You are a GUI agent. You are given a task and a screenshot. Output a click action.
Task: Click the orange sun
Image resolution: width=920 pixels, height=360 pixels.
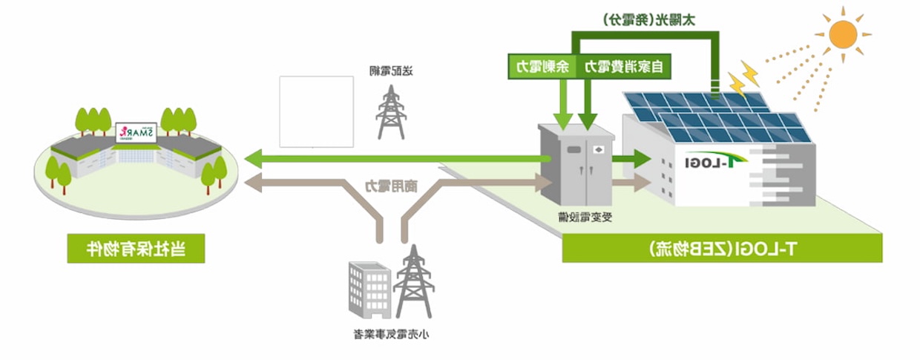(x=842, y=33)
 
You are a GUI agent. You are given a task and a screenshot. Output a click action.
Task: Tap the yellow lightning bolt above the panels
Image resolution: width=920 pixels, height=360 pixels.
(x=743, y=77)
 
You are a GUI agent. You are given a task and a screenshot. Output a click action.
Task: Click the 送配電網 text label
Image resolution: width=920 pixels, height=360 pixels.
(x=390, y=71)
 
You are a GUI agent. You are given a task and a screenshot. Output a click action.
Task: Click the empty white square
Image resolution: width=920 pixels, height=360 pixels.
(x=316, y=111)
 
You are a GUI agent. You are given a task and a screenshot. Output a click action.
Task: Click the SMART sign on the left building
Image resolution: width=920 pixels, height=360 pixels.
(x=136, y=131)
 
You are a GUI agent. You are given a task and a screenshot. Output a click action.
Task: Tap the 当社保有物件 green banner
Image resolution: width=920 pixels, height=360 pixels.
(x=136, y=249)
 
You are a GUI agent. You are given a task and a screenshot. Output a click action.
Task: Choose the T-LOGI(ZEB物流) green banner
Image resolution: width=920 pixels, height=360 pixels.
(x=722, y=249)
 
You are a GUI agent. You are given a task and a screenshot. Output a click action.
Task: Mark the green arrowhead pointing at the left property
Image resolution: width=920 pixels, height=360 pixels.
(x=254, y=157)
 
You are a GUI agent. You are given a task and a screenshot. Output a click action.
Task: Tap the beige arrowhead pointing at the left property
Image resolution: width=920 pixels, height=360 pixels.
(x=254, y=182)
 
